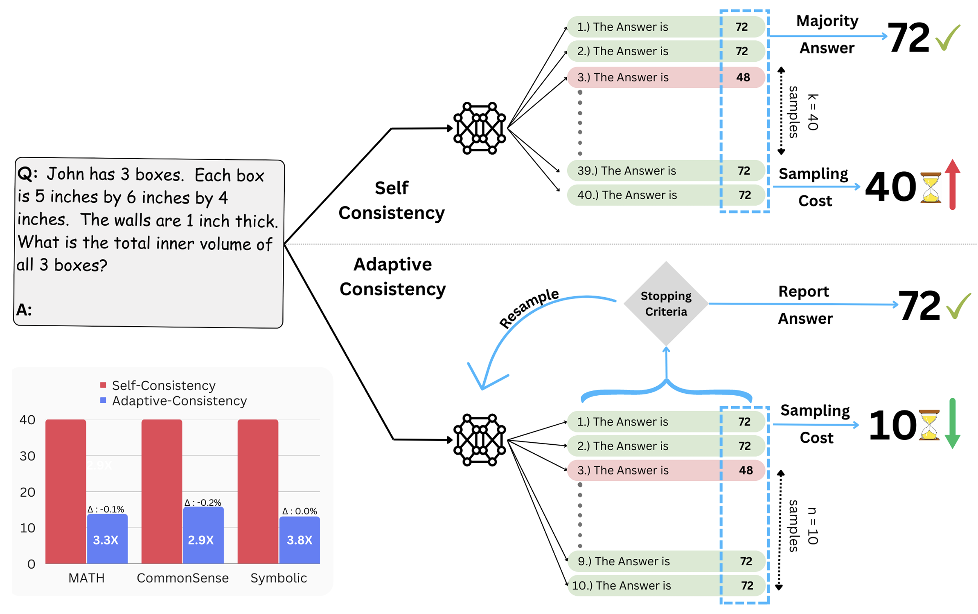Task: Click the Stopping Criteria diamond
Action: tap(666, 303)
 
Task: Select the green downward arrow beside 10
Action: tap(953, 424)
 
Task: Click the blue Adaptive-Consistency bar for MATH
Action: tap(107, 538)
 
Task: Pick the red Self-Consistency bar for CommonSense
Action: tap(162, 491)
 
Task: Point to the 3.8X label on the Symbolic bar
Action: tap(299, 540)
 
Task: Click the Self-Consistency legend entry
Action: tap(158, 385)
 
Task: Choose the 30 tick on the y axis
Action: tap(27, 456)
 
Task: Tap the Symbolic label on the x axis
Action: tap(279, 578)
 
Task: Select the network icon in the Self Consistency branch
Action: tap(480, 128)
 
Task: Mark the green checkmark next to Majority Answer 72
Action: tap(947, 38)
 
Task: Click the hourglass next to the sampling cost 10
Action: tap(929, 425)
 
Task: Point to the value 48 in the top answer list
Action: tap(743, 77)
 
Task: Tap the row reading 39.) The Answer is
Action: tap(666, 170)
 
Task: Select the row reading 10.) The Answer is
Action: tap(666, 585)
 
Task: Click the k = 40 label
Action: tap(813, 112)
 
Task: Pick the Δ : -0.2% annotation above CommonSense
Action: tap(203, 502)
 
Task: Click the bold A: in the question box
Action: tap(24, 310)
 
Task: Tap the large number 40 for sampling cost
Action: tap(890, 186)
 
